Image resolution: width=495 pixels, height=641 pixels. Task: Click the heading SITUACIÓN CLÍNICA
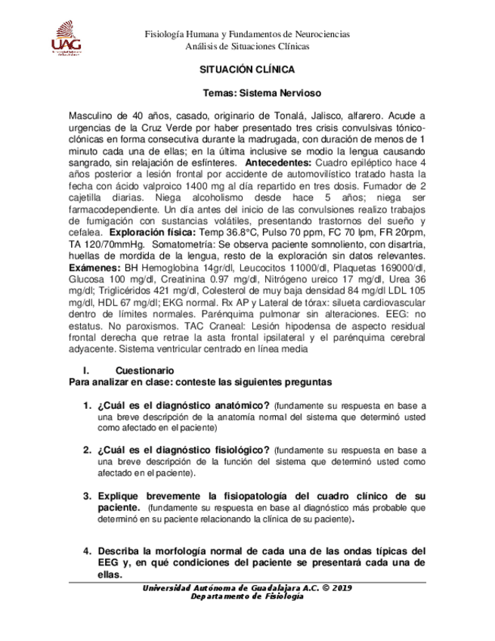(247, 69)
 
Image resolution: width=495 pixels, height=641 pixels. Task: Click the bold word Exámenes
(94, 268)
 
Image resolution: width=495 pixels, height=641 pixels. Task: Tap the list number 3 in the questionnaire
(87, 496)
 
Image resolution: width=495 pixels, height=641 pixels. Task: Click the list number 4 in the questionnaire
(87, 551)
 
